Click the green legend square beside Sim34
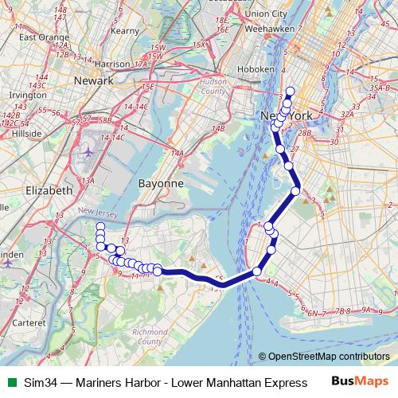click(10, 383)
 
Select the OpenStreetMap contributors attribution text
click(328, 357)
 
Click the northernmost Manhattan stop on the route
click(291, 91)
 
